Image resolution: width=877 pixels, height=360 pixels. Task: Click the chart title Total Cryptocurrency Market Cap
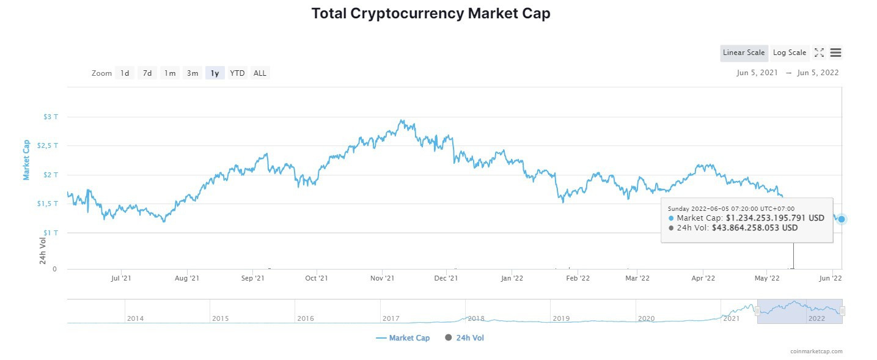431,13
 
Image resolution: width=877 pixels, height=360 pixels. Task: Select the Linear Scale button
743,53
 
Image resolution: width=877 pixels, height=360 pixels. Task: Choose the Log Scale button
789,53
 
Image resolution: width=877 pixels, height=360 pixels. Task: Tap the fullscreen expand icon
819,53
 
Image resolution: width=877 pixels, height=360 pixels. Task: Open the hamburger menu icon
835,53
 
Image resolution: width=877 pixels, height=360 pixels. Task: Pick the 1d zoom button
125,73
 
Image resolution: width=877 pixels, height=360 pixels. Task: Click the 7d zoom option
147,73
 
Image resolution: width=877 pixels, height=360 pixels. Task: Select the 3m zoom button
193,73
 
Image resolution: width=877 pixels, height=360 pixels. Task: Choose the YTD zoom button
237,73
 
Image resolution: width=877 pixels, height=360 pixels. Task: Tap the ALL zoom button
260,73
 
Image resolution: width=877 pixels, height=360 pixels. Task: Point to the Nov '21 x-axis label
382,278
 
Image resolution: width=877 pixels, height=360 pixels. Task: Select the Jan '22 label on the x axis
512,278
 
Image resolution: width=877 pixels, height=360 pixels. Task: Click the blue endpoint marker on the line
842,219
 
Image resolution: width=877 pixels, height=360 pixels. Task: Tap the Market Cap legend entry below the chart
403,338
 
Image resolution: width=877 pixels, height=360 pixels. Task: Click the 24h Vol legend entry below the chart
466,338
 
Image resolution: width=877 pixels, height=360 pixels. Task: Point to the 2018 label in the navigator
475,318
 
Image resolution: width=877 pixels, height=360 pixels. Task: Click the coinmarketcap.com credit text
816,351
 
